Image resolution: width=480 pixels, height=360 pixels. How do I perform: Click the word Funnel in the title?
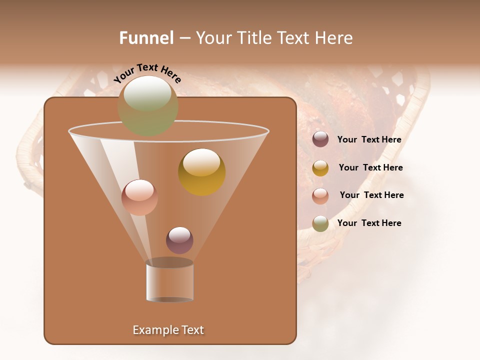tap(146, 38)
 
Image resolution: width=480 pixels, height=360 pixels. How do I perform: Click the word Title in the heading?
tap(253, 38)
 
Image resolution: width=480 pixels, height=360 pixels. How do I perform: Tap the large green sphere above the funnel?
tap(148, 105)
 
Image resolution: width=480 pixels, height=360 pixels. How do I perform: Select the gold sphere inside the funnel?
tap(201, 172)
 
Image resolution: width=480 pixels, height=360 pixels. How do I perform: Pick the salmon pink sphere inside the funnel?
tap(139, 197)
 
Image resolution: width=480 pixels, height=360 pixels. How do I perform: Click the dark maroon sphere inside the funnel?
tap(179, 240)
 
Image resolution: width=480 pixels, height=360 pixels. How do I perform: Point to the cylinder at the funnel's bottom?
tap(170, 283)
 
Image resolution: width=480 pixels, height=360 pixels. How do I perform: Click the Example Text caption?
tap(168, 330)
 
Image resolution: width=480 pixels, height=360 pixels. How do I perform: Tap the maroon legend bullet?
tap(320, 139)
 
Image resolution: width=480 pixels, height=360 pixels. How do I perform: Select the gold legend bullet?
tap(320, 168)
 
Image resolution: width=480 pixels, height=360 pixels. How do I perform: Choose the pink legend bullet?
tap(320, 196)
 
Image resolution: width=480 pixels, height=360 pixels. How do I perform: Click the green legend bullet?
tap(320, 223)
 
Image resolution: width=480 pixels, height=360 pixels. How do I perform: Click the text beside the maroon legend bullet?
tap(369, 140)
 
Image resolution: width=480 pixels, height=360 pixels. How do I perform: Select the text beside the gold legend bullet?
tap(370, 168)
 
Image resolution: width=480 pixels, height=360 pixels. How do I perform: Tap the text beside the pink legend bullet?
tap(371, 195)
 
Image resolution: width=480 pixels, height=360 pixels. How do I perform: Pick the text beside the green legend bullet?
tap(369, 223)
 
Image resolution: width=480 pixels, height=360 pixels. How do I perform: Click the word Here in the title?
tap(334, 38)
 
